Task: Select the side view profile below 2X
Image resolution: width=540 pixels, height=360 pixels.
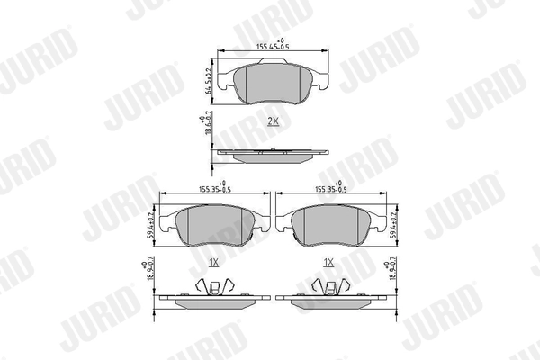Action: pyautogui.click(x=272, y=155)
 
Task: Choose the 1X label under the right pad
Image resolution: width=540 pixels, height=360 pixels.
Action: pyautogui.click(x=328, y=262)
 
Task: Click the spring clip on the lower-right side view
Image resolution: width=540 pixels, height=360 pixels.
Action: pyautogui.click(x=329, y=285)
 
